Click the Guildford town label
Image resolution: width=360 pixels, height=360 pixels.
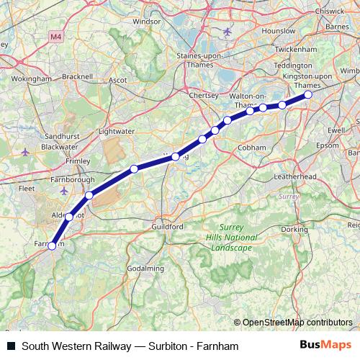click(x=168, y=226)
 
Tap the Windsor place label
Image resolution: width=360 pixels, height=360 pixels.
click(x=146, y=22)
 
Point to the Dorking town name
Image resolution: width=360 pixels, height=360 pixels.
click(x=294, y=229)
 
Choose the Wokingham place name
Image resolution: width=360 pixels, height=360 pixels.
click(x=32, y=78)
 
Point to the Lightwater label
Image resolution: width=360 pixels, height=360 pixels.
click(x=116, y=131)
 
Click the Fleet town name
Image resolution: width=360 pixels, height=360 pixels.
click(x=26, y=188)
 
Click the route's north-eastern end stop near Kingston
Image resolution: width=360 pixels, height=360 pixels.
click(x=308, y=94)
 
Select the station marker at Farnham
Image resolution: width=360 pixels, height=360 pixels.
click(x=52, y=246)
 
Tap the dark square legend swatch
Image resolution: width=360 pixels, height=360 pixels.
click(x=10, y=346)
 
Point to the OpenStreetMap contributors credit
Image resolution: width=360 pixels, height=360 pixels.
click(x=297, y=322)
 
